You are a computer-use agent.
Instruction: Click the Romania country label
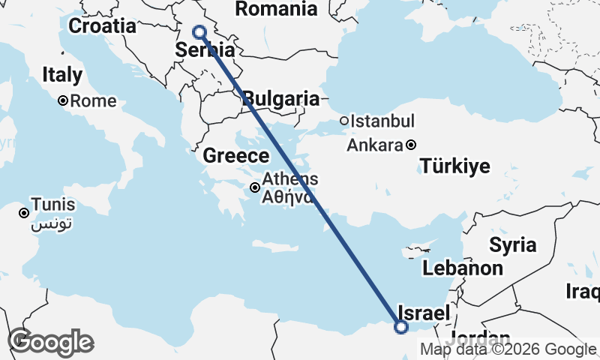click(x=276, y=9)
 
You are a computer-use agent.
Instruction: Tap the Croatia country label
click(x=103, y=26)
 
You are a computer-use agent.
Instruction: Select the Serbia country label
click(x=205, y=51)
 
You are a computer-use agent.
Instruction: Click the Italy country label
click(x=62, y=75)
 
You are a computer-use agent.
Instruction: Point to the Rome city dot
click(x=64, y=100)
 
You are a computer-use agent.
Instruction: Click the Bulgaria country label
click(x=282, y=98)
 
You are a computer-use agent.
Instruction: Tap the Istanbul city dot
click(x=343, y=121)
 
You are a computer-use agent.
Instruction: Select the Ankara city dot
click(x=412, y=145)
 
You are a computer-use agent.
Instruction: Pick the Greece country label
click(x=236, y=156)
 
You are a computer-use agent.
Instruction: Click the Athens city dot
click(x=256, y=187)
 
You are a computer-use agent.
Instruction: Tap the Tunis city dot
click(x=24, y=213)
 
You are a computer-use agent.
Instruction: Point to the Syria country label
click(x=513, y=244)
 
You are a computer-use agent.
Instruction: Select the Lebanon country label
click(x=462, y=268)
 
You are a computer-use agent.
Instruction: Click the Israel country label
click(x=424, y=313)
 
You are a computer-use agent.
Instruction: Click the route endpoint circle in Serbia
click(x=199, y=31)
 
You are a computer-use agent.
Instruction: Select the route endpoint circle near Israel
click(x=401, y=326)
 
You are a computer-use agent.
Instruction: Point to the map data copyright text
click(x=508, y=349)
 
